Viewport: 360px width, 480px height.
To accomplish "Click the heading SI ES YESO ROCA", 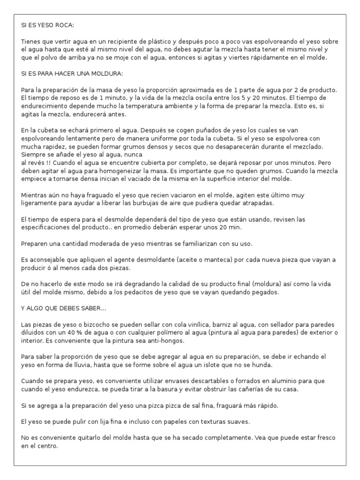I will [x=48, y=24].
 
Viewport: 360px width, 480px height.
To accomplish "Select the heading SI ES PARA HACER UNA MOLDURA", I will [x=72, y=74].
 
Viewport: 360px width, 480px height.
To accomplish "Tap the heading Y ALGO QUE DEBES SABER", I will [x=64, y=308].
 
